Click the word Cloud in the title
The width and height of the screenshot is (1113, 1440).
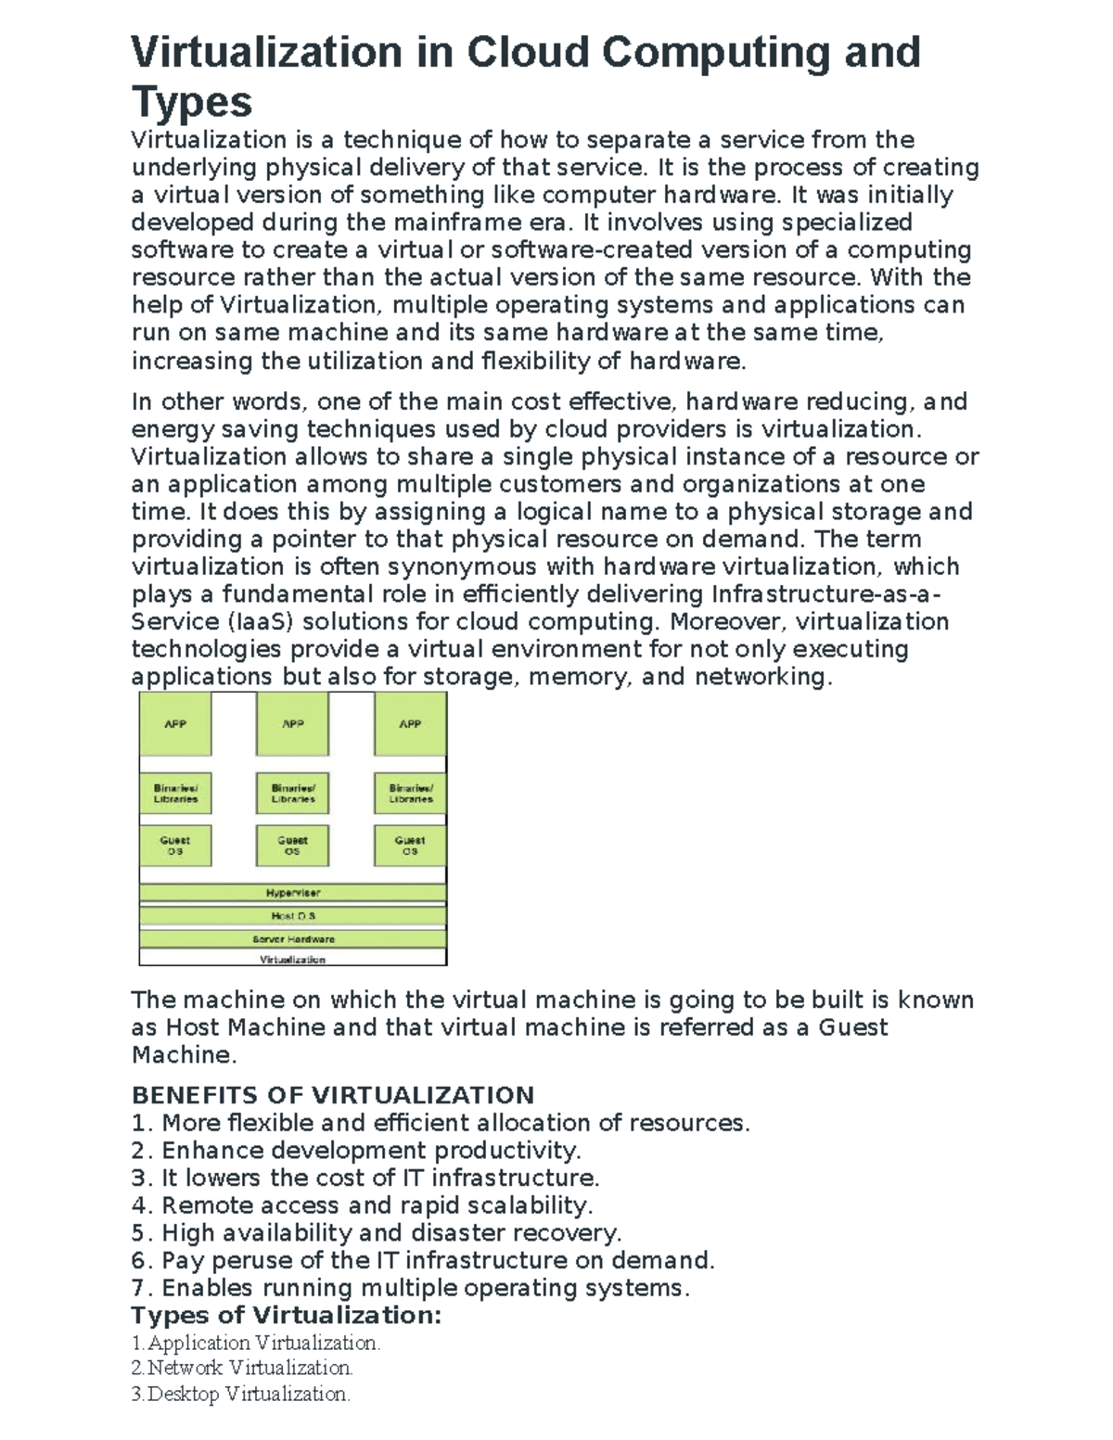pyautogui.click(x=527, y=52)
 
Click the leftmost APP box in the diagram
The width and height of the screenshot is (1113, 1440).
pyautogui.click(x=175, y=724)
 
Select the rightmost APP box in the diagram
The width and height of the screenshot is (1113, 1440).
pyautogui.click(x=410, y=724)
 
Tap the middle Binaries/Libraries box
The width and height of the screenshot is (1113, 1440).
pyautogui.click(x=293, y=793)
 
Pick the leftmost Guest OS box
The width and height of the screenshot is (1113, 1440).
pyautogui.click(x=175, y=846)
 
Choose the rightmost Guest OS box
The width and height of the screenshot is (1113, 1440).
pyautogui.click(x=410, y=846)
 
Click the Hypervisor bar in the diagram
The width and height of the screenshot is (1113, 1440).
pyautogui.click(x=293, y=893)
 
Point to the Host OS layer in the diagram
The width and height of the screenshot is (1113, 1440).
pyautogui.click(x=293, y=916)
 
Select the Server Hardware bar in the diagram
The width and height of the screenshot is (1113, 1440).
pyautogui.click(x=293, y=938)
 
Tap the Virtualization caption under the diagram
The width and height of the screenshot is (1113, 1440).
pyautogui.click(x=293, y=960)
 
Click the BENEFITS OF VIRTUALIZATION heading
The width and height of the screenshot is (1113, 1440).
pyautogui.click(x=333, y=1095)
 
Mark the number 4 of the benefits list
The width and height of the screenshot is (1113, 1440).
pyautogui.click(x=140, y=1205)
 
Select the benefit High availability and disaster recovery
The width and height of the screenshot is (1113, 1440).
pyautogui.click(x=390, y=1233)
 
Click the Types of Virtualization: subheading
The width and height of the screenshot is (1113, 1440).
pyautogui.click(x=287, y=1316)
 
